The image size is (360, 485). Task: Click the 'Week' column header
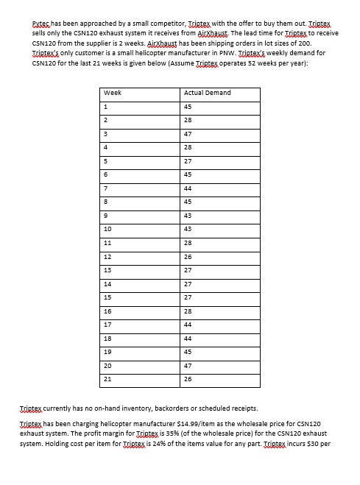tap(113, 93)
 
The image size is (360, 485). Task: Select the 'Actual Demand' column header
tap(208, 93)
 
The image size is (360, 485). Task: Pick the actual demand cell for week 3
tap(188, 134)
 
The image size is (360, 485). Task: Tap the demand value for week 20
tap(188, 365)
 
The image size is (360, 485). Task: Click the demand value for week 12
tap(188, 256)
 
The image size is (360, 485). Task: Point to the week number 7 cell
tap(107, 188)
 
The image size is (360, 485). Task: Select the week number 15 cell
tap(108, 297)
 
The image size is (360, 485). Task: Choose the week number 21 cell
tap(108, 378)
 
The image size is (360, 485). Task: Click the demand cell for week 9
tap(188, 215)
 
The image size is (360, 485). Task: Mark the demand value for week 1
tap(188, 107)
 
